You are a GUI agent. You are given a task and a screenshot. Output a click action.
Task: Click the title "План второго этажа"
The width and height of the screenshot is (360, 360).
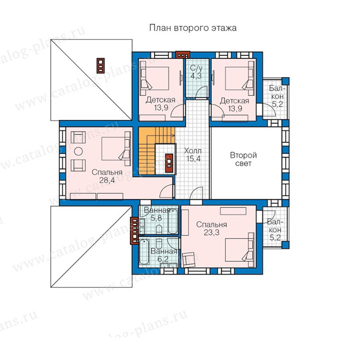point(193,28)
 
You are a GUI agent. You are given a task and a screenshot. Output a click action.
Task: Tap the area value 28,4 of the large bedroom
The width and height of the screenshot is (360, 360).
point(107,180)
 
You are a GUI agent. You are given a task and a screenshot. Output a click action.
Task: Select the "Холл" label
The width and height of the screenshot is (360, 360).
point(193,151)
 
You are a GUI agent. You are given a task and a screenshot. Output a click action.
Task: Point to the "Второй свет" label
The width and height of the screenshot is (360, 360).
point(243,159)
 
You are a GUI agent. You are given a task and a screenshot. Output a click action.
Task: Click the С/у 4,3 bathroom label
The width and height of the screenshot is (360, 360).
point(196,72)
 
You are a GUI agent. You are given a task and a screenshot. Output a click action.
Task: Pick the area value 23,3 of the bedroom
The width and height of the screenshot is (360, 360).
point(212,232)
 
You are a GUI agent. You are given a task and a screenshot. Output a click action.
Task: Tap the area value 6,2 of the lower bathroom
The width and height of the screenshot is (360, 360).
point(163,259)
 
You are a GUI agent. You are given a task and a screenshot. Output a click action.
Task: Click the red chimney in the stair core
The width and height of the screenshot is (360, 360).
point(169,162)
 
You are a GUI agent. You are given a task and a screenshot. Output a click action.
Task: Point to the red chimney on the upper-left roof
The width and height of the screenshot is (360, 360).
point(100,65)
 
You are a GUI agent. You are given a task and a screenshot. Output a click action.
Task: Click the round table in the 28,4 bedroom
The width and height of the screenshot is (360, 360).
point(78,151)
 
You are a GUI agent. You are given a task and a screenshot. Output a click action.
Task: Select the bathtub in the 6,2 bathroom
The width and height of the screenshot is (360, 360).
point(144,252)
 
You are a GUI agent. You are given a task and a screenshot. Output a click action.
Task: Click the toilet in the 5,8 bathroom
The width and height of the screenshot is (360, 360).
point(159,230)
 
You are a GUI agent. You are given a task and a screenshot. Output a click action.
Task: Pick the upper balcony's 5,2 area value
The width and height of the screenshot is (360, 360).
point(277,104)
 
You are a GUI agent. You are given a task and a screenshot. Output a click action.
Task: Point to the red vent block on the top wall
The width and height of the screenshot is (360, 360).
point(183,55)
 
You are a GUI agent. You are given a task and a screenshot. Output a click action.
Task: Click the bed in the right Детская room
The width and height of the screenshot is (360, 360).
point(239,78)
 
